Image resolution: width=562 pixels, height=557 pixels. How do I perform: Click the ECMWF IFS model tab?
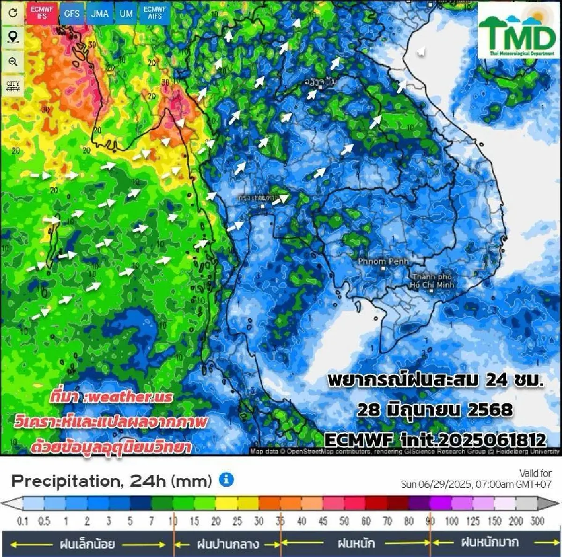42,13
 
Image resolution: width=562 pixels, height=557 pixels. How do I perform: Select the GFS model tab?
72,14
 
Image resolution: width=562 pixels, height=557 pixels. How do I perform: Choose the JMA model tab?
100,14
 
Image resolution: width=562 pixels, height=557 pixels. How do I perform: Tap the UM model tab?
126,14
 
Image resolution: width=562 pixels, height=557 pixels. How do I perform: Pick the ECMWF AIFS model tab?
155,13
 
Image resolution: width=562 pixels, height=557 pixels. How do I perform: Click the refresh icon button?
13,13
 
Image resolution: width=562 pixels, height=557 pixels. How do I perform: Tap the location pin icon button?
13,37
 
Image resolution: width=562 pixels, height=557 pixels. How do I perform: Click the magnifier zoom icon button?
13,61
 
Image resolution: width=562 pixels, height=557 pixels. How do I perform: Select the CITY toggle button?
13,86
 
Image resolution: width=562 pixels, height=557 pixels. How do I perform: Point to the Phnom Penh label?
383,261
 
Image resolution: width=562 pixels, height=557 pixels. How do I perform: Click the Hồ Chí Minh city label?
431,281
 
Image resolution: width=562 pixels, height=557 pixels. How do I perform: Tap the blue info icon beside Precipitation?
226,480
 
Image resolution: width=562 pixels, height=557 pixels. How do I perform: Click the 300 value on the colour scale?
537,521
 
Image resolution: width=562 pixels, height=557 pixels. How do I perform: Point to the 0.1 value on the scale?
22,521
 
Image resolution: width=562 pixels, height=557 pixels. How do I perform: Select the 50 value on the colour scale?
344,521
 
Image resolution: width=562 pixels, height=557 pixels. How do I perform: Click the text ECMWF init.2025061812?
435,439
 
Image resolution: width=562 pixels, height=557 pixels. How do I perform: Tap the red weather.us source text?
111,397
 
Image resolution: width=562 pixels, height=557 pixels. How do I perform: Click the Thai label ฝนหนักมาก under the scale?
490,542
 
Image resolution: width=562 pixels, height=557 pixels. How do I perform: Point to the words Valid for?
535,473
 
